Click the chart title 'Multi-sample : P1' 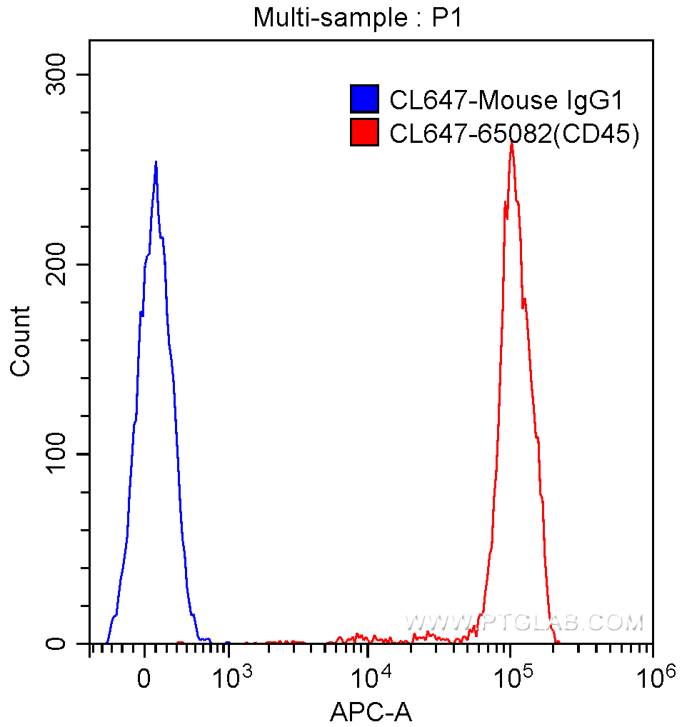tap(358, 18)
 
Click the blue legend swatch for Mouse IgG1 tap(364, 99)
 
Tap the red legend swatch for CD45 tap(364, 132)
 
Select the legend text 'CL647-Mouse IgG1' tap(506, 100)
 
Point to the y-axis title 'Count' tap(21, 341)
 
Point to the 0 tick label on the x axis tap(145, 678)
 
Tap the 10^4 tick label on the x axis tap(368, 675)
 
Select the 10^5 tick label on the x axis tap(510, 675)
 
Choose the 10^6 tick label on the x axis tap(651, 675)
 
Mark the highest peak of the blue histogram tap(156, 163)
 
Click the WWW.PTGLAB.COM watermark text tap(525, 623)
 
